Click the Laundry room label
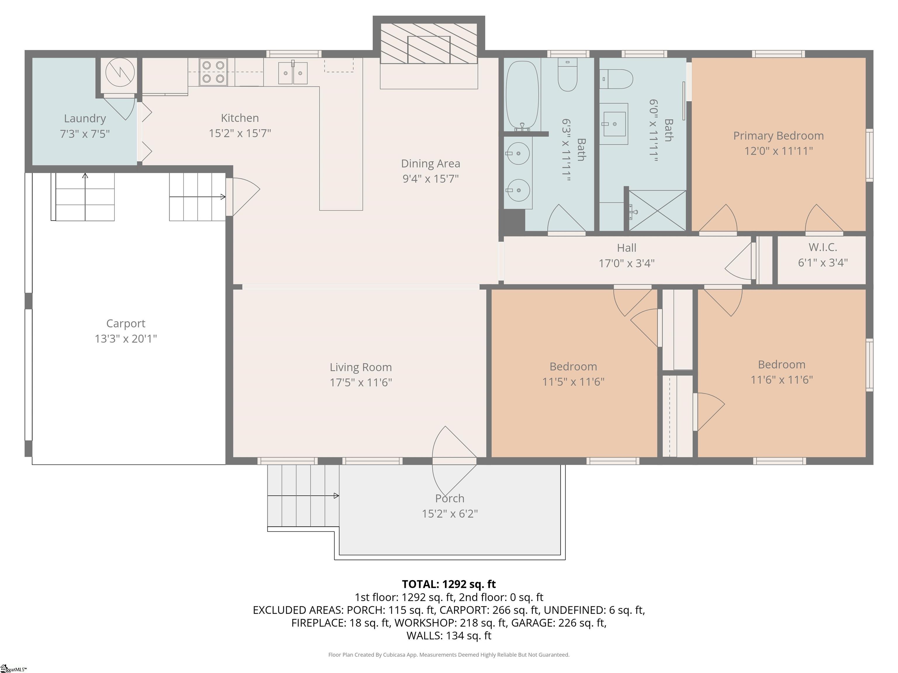[x=85, y=119]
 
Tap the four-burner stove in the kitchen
[x=213, y=72]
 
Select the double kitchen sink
[x=293, y=73]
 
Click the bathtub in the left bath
[x=522, y=96]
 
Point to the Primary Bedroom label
[x=778, y=136]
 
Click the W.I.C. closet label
[x=823, y=247]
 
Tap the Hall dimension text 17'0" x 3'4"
[x=626, y=263]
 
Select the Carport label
[x=125, y=324]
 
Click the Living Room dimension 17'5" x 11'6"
[x=360, y=382]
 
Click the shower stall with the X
[x=657, y=211]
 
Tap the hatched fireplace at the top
[x=429, y=44]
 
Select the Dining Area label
[x=430, y=164]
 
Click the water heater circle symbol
[x=120, y=72]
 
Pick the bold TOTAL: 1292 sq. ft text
[x=449, y=584]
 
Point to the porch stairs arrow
[x=303, y=496]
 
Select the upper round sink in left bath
[x=518, y=153]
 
